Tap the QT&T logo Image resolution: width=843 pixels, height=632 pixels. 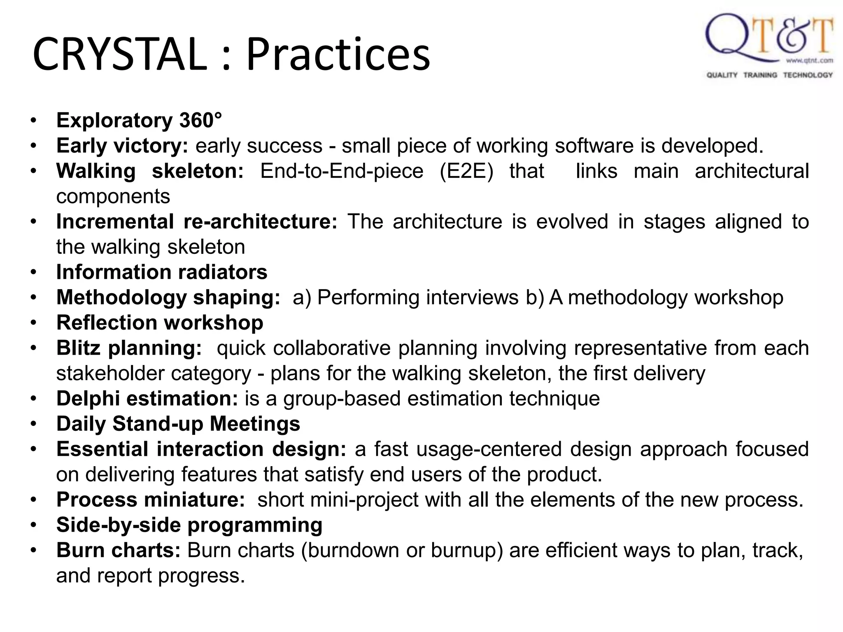pos(769,39)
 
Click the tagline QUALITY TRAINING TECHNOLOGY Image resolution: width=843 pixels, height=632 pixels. pos(769,75)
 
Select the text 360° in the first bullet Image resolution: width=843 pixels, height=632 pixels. pos(200,121)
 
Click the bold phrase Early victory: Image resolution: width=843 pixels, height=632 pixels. pos(122,146)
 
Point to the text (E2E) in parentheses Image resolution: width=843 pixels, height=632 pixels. pos(466,171)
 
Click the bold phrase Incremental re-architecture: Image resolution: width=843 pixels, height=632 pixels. pos(197,222)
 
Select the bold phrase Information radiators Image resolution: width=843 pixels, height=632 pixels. pos(162,272)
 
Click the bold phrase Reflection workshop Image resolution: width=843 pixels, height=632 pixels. pos(160,323)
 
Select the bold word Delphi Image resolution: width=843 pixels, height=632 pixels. pos(88,399)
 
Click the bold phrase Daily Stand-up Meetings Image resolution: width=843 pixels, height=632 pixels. pos(178,424)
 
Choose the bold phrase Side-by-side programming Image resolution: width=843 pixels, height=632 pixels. pos(189,525)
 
